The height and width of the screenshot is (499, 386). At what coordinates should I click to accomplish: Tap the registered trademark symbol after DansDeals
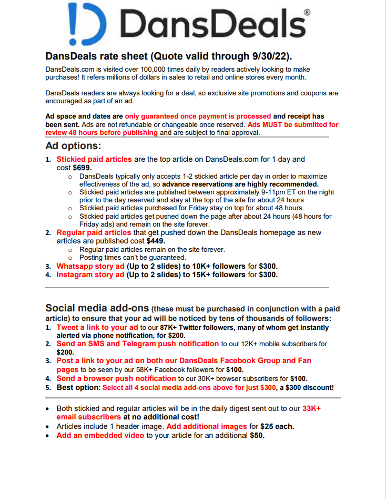pos(307,11)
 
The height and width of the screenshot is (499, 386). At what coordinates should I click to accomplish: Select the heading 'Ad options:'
pos(73,145)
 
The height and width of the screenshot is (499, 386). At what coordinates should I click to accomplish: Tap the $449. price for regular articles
pos(156,241)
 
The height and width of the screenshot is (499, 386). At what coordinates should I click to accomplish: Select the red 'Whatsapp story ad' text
pos(90,266)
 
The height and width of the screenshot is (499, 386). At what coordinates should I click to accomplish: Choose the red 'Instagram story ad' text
pos(90,275)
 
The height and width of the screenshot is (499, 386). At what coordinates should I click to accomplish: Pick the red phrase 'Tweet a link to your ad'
pos(97,327)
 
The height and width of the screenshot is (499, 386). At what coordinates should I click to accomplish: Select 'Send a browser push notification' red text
pos(116,378)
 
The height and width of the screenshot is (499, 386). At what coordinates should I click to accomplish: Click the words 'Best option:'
pos(78,387)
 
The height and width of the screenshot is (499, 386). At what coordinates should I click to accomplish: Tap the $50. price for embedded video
pos(257,435)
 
